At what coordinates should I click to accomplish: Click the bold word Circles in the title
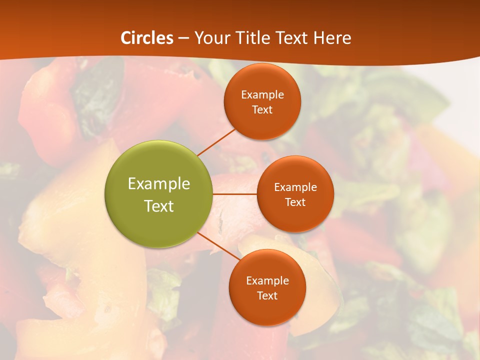pyautogui.click(x=147, y=38)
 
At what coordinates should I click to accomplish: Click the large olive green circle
pyautogui.click(x=158, y=194)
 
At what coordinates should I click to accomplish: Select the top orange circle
pyautogui.click(x=262, y=101)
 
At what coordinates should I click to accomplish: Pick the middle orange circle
pyautogui.click(x=295, y=194)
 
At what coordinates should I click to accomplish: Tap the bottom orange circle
pyautogui.click(x=267, y=287)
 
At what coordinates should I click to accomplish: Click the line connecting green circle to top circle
pyautogui.click(x=216, y=142)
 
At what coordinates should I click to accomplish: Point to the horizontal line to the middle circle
pyautogui.click(x=234, y=193)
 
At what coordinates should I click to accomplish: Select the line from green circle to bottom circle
pyautogui.click(x=218, y=246)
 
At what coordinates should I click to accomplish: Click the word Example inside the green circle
pyautogui.click(x=159, y=183)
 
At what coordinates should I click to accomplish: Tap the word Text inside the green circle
pyautogui.click(x=159, y=206)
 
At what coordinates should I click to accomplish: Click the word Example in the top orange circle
pyautogui.click(x=262, y=94)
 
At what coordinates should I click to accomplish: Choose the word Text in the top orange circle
pyautogui.click(x=262, y=109)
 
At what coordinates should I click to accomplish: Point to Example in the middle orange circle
pyautogui.click(x=295, y=187)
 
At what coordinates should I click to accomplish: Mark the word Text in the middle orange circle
pyautogui.click(x=295, y=202)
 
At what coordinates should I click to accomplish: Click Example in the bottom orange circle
pyautogui.click(x=267, y=280)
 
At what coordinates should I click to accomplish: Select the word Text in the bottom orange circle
pyautogui.click(x=267, y=295)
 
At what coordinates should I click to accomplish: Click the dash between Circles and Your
pyautogui.click(x=183, y=38)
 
